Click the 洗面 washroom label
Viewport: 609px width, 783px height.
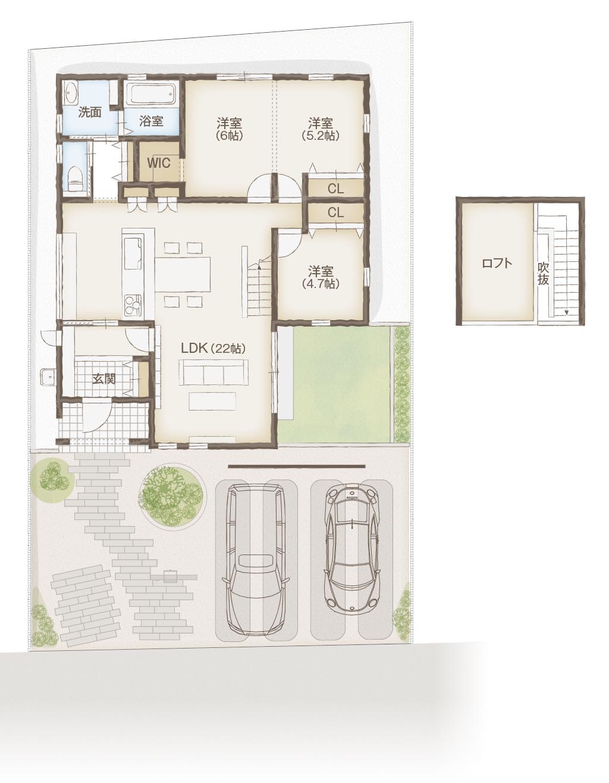coord(90,112)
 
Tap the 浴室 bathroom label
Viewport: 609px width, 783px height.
coord(151,121)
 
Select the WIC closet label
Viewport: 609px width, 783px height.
coord(158,163)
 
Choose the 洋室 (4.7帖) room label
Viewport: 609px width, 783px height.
coord(320,277)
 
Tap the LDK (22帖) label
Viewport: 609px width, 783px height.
coord(213,349)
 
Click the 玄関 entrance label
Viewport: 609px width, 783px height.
coord(103,379)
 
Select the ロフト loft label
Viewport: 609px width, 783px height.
coord(497,263)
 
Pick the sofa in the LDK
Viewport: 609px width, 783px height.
coord(214,372)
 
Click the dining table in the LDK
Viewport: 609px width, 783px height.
coord(183,274)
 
